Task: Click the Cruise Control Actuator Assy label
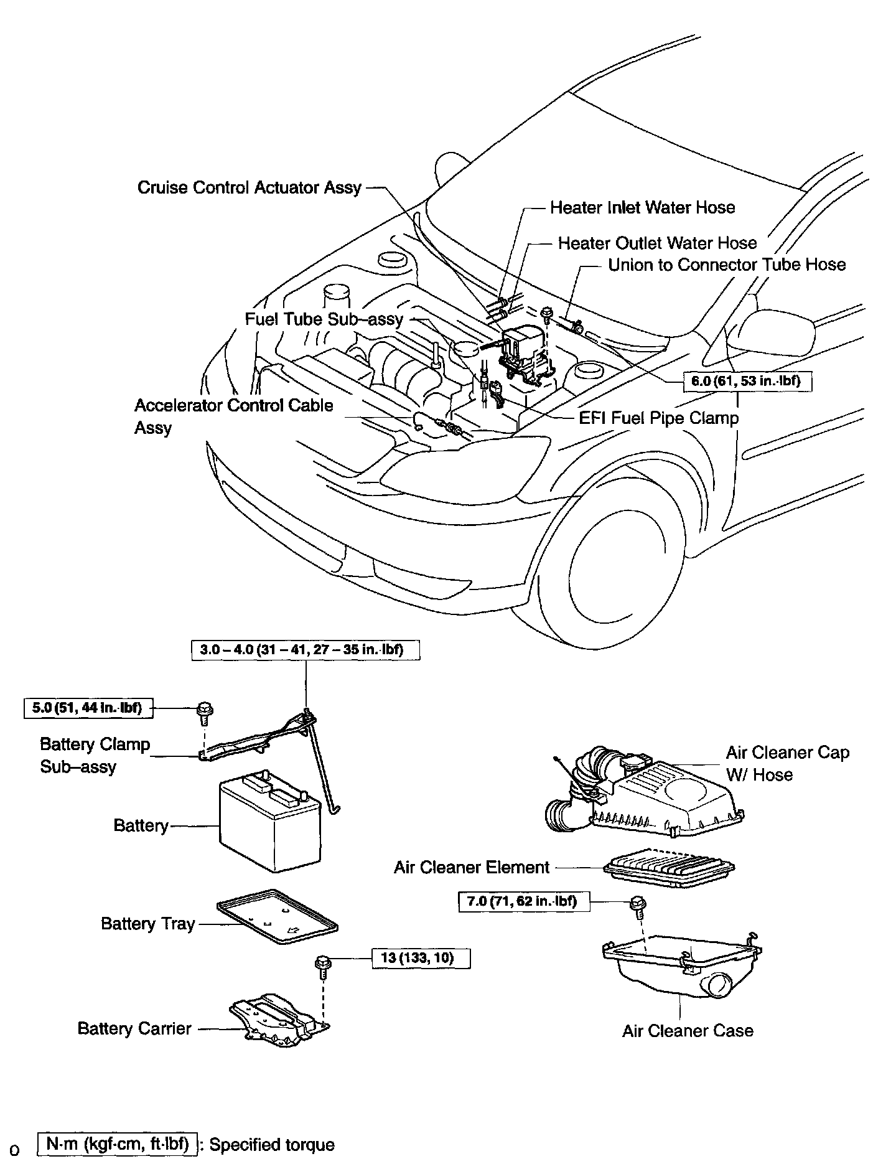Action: pos(249,187)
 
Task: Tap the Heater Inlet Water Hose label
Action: pos(642,207)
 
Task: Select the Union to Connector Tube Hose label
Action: pos(727,265)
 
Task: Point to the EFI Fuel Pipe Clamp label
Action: pos(658,418)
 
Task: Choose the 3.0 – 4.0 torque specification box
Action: pos(306,650)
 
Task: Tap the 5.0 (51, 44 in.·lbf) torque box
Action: pos(88,708)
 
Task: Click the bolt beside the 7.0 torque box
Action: pos(637,906)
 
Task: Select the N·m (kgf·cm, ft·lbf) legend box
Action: pos(118,1145)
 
